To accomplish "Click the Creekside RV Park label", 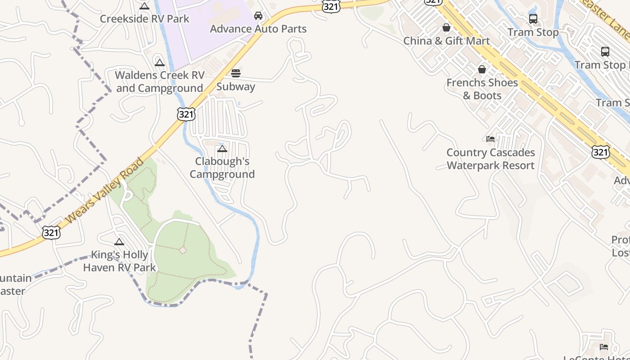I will pyautogui.click(x=144, y=19).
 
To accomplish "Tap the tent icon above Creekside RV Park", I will pyautogui.click(x=144, y=6).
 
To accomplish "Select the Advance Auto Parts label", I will pyautogui.click(x=258, y=29).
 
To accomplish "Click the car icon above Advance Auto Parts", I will pyautogui.click(x=258, y=16).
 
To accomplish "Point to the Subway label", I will pyautogui.click(x=236, y=86).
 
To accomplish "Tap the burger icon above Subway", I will pyautogui.click(x=236, y=73).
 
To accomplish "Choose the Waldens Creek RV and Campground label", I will pyautogui.click(x=160, y=81).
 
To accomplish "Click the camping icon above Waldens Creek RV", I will pyautogui.click(x=160, y=63).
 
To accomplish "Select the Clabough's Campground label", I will pyautogui.click(x=222, y=167).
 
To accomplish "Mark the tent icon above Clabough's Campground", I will pyautogui.click(x=222, y=148).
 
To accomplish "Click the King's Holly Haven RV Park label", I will pyautogui.click(x=120, y=261).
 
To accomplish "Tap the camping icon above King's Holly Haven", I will pyautogui.click(x=119, y=242).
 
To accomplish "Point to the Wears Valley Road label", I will pyautogui.click(x=105, y=190).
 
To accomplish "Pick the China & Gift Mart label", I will pyautogui.click(x=446, y=41).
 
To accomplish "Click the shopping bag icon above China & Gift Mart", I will pyautogui.click(x=446, y=28).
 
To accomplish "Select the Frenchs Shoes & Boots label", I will pyautogui.click(x=482, y=89).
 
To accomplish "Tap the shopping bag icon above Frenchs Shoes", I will pyautogui.click(x=482, y=69).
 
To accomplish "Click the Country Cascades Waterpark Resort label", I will pyautogui.click(x=490, y=159).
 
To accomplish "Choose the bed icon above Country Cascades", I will pyautogui.click(x=490, y=139).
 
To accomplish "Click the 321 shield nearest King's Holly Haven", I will pyautogui.click(x=51, y=233).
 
